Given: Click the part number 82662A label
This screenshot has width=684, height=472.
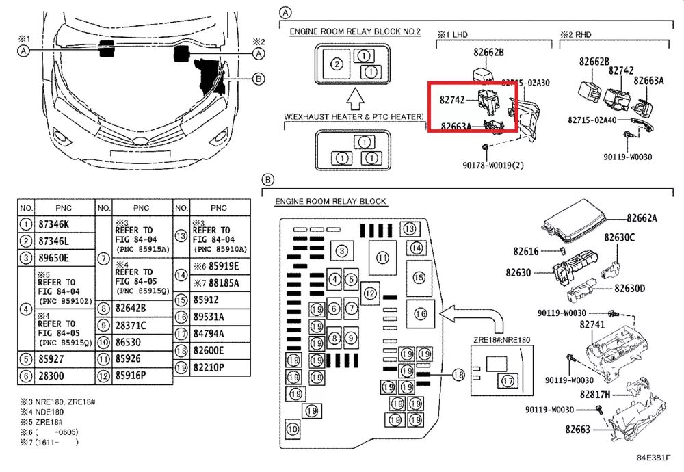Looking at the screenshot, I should (642, 218).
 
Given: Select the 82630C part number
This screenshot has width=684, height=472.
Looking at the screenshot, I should (619, 237).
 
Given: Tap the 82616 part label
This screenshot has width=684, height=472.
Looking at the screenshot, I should (527, 251).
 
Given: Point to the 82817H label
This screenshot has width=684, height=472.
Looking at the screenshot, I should (595, 395).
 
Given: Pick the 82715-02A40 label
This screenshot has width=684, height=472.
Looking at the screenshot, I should (592, 119).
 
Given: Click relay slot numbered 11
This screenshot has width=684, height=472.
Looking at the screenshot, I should (382, 258).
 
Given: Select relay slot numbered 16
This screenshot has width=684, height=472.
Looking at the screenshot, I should (421, 313).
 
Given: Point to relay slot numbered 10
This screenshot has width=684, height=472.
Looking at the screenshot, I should (293, 430).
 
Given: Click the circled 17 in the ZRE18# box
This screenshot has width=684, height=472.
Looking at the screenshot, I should (508, 381).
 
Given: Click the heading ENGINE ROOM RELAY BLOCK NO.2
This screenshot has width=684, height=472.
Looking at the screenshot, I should (355, 32).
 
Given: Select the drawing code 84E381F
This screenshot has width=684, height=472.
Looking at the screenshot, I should (654, 458).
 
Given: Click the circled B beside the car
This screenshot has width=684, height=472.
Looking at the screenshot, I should (259, 79).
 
